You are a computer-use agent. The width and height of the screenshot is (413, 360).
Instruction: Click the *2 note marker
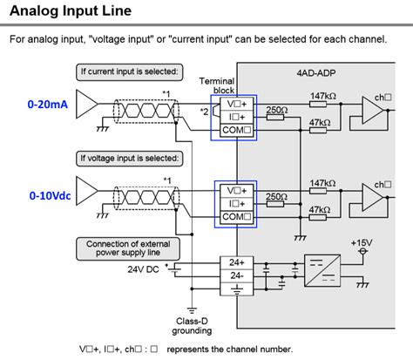click(x=204, y=111)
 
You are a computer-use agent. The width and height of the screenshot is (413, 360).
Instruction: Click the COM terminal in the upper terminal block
click(x=234, y=131)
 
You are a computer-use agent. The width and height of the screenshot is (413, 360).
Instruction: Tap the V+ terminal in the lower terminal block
click(x=234, y=189)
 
